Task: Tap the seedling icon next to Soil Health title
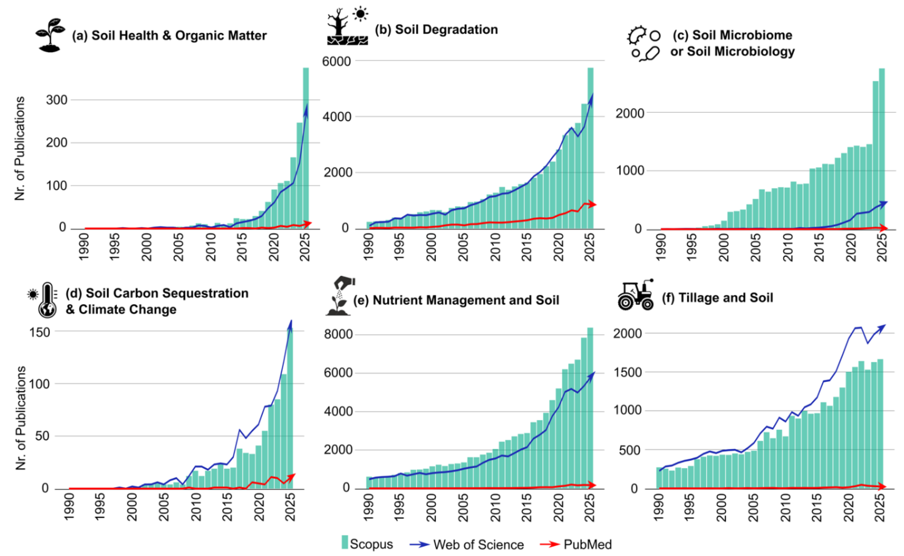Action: pos(50,35)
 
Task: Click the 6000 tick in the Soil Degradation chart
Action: pos(336,61)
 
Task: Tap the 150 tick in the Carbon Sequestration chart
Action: pos(39,332)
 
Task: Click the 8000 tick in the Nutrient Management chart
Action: pos(338,334)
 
